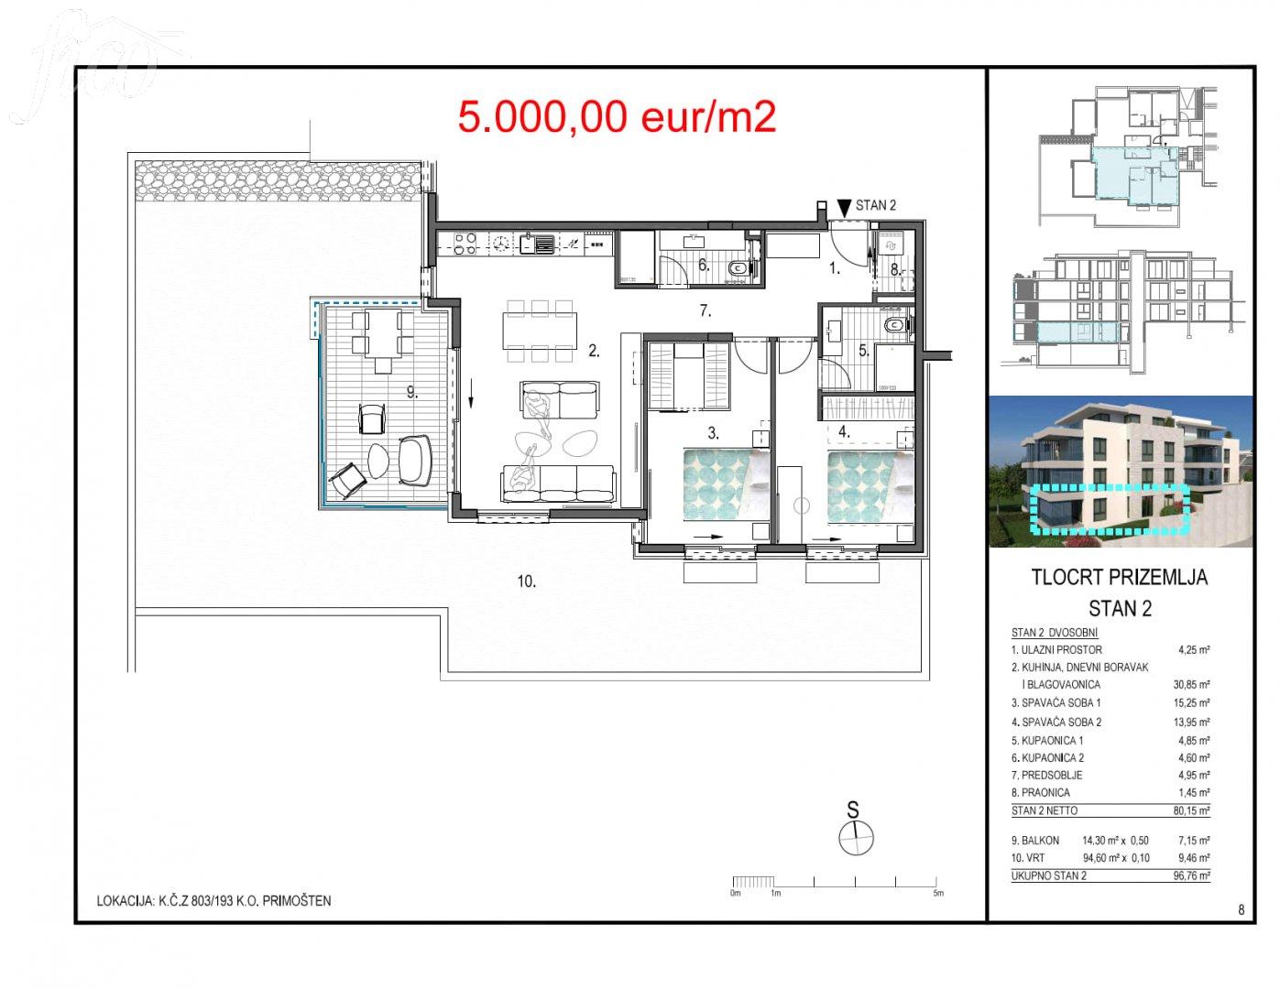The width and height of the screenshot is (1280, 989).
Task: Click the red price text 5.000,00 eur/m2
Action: coord(617,116)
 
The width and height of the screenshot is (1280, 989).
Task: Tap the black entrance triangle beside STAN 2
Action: coord(845,208)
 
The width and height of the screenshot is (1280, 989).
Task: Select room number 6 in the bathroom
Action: coord(704,265)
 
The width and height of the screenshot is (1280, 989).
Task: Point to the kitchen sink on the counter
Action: coord(537,245)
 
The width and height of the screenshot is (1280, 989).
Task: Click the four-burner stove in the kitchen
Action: coord(465,245)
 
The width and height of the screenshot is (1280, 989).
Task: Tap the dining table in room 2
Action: coord(540,331)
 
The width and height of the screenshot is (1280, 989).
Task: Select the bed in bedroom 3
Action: coord(727,485)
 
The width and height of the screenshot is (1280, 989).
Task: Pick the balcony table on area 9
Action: coord(382,332)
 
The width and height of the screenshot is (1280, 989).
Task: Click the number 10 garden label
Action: coord(526,581)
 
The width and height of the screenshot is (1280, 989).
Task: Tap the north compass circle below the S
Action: coord(855,838)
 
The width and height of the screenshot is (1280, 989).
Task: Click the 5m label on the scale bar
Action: coord(938,893)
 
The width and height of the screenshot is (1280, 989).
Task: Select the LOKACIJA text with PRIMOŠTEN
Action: coord(213,901)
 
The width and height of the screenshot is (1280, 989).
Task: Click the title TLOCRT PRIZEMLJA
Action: coord(1119,577)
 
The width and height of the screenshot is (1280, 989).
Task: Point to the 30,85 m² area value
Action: coord(1192,685)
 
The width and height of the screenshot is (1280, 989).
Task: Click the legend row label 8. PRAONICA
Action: coord(1040,792)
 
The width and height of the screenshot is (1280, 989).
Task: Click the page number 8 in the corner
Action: coord(1242,910)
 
